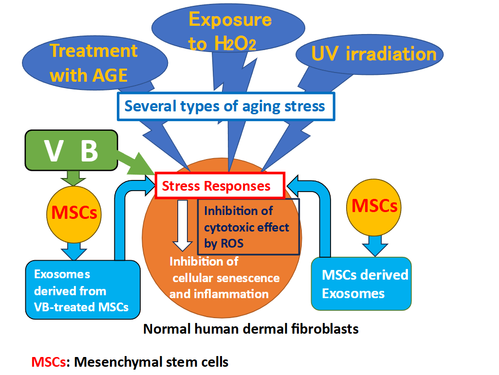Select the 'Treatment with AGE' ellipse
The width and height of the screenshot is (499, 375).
pyautogui.click(x=92, y=62)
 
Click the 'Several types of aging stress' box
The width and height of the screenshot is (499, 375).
pyautogui.click(x=225, y=106)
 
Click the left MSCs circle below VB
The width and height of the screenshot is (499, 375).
pyautogui.click(x=74, y=213)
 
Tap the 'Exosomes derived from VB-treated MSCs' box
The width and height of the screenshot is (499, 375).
pyautogui.click(x=83, y=290)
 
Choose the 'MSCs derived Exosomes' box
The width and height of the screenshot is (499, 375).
pyautogui.click(x=361, y=284)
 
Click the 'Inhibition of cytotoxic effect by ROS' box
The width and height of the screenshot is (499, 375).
pyautogui.click(x=248, y=227)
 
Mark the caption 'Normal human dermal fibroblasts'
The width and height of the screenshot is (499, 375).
pyautogui.click(x=251, y=329)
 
